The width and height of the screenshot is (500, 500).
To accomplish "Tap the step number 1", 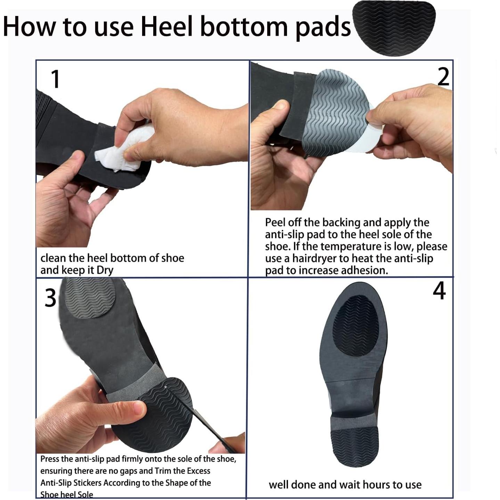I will pyautogui.click(x=56, y=79).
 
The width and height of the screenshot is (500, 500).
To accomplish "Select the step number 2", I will pyautogui.click(x=443, y=77).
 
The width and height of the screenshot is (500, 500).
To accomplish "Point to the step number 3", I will pyautogui.click(x=50, y=298).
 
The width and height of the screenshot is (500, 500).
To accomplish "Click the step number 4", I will pyautogui.click(x=439, y=291).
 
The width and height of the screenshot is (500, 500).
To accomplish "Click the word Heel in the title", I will pyautogui.click(x=167, y=26).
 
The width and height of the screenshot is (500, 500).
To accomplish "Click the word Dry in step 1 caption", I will pyautogui.click(x=105, y=270).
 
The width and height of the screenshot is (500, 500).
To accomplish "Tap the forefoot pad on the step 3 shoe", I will pyautogui.click(x=90, y=298).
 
